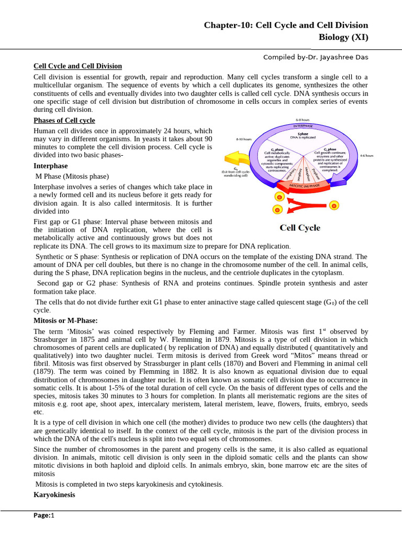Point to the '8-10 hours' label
pyautogui.click(x=244, y=139)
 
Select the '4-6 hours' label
pyautogui.click(x=366, y=156)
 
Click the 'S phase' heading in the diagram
pyautogui.click(x=300, y=134)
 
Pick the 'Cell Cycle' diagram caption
pyautogui.click(x=300, y=228)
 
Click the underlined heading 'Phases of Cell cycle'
pyautogui.click(x=64, y=121)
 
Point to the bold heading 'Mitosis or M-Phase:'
pyautogui.click(x=65, y=320)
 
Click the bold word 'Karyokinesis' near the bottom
pyautogui.click(x=54, y=495)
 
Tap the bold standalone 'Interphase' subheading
pyautogui.click(x=50, y=166)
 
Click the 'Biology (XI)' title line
pyautogui.click(x=343, y=37)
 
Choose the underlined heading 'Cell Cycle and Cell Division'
pyautogui.click(x=77, y=66)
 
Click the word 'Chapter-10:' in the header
pyautogui.click(x=228, y=25)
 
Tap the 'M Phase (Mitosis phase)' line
pyautogui.click(x=72, y=176)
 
